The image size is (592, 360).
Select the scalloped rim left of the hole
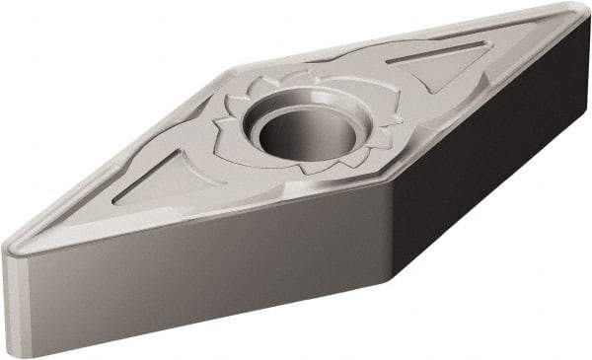[x=237, y=123]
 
